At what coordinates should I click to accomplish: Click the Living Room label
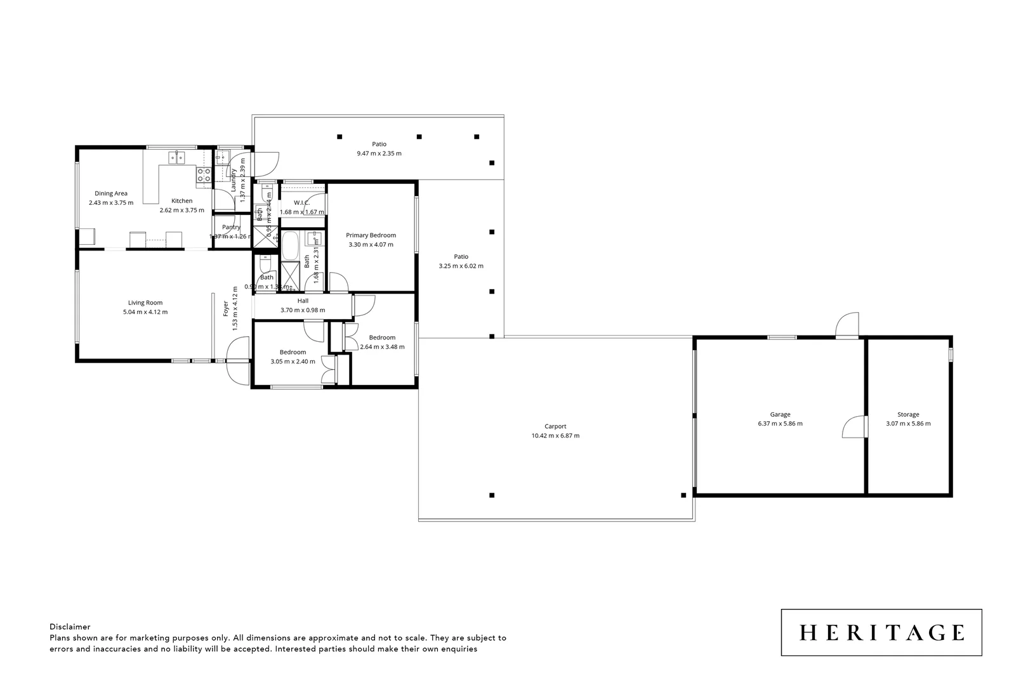pos(145,303)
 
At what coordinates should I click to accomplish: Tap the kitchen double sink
pos(176,157)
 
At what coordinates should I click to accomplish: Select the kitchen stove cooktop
pos(204,175)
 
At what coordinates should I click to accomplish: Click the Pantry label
pos(231,227)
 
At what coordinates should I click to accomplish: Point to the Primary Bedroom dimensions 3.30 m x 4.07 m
pos(371,244)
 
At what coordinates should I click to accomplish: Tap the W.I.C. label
pos(301,203)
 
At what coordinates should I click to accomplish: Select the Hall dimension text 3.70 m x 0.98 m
pos(303,310)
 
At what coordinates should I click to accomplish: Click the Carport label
pos(555,426)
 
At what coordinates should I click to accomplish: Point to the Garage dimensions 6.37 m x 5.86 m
pos(780,424)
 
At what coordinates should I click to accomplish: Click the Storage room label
pos(908,414)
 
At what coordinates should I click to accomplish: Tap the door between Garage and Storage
pos(854,427)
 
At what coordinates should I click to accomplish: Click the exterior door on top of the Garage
pos(847,325)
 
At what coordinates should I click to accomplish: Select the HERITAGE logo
pos(881,632)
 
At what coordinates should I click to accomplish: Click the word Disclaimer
pos(70,627)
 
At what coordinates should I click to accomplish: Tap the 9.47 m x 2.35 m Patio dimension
pos(379,153)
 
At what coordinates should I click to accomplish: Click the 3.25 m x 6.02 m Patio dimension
pos(461,266)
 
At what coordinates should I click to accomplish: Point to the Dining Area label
pos(111,193)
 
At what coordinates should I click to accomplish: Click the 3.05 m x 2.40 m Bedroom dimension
pos(293,362)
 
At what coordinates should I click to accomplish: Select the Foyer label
pos(226,309)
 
